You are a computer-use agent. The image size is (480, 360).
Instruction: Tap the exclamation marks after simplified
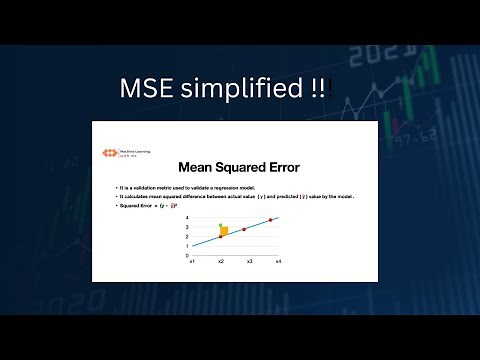point(316,88)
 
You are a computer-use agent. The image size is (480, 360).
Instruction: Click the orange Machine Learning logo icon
point(109,153)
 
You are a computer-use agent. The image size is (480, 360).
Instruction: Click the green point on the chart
point(220,226)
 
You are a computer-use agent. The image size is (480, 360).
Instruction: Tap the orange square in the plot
point(224,232)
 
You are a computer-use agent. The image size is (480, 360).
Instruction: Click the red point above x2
point(220,237)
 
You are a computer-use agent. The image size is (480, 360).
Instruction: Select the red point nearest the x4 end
point(270,220)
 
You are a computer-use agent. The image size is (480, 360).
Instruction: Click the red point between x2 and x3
point(243,229)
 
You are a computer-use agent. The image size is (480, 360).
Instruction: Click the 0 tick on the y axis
point(186,255)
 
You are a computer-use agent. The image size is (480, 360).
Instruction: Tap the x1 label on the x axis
point(192,261)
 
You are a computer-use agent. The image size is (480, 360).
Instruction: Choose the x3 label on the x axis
point(250,261)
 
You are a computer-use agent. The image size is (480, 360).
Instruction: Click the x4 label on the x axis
point(278,261)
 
